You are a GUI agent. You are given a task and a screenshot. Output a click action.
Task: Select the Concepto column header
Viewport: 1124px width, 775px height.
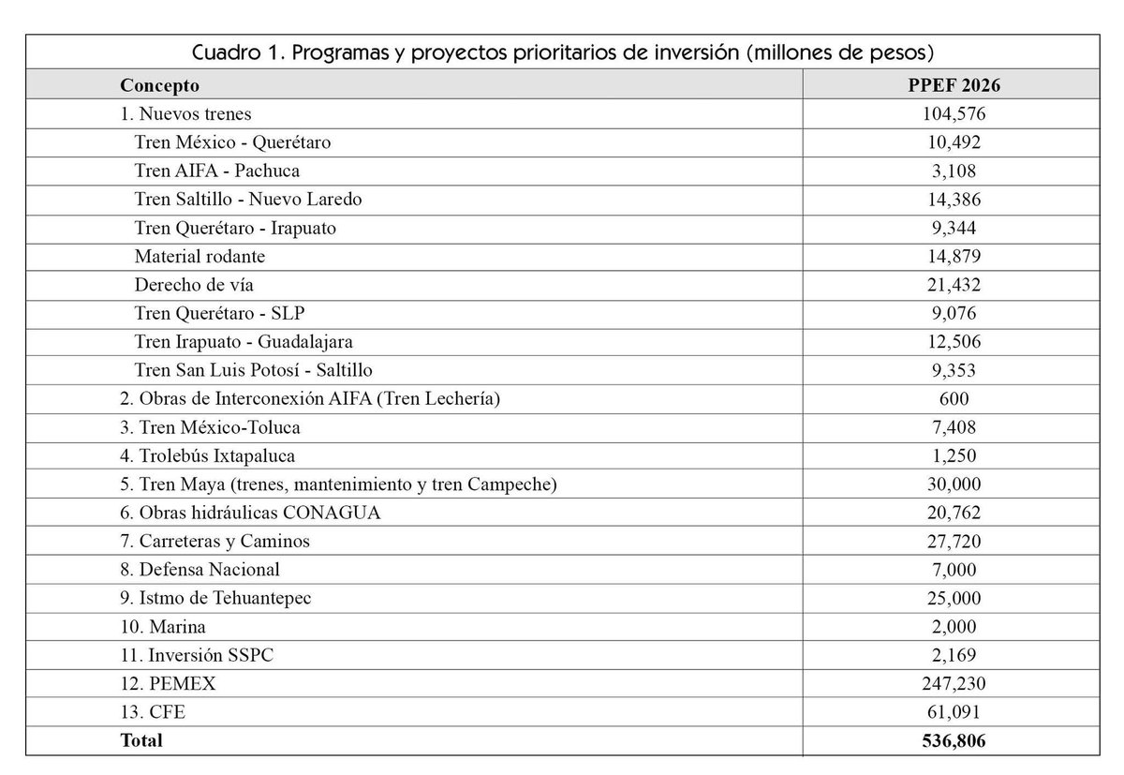tap(159, 85)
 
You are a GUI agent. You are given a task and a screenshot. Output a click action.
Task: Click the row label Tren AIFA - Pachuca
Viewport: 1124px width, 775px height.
tap(217, 171)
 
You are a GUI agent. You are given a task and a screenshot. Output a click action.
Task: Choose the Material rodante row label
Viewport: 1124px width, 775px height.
tap(200, 256)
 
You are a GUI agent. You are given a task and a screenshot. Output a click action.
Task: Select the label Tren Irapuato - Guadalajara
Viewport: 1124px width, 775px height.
tap(244, 341)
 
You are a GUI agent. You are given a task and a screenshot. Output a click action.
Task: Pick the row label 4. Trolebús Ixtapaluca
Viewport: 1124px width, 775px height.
tap(207, 455)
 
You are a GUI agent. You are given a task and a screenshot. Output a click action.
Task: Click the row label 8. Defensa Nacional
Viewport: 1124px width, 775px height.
tap(200, 569)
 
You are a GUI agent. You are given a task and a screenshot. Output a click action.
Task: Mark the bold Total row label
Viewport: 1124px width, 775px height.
tap(140, 740)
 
